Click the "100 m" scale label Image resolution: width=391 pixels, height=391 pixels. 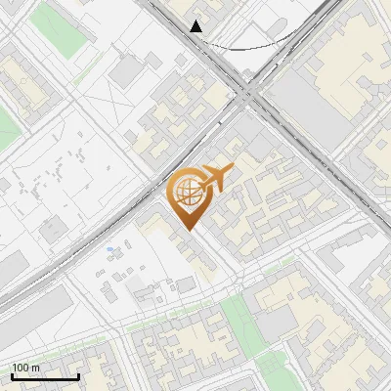click(25, 368)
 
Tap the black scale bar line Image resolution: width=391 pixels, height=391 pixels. click(45, 376)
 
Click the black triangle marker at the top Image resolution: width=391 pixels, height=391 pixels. click(196, 26)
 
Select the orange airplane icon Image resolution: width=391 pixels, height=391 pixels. click(216, 178)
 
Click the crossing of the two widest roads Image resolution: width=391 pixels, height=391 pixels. click(248, 94)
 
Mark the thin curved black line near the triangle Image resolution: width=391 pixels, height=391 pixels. click(244, 45)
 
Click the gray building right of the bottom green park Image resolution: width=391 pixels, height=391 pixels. click(277, 324)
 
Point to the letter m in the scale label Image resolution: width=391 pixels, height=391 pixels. click(36, 368)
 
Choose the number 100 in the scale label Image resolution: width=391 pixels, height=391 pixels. click(21, 368)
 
